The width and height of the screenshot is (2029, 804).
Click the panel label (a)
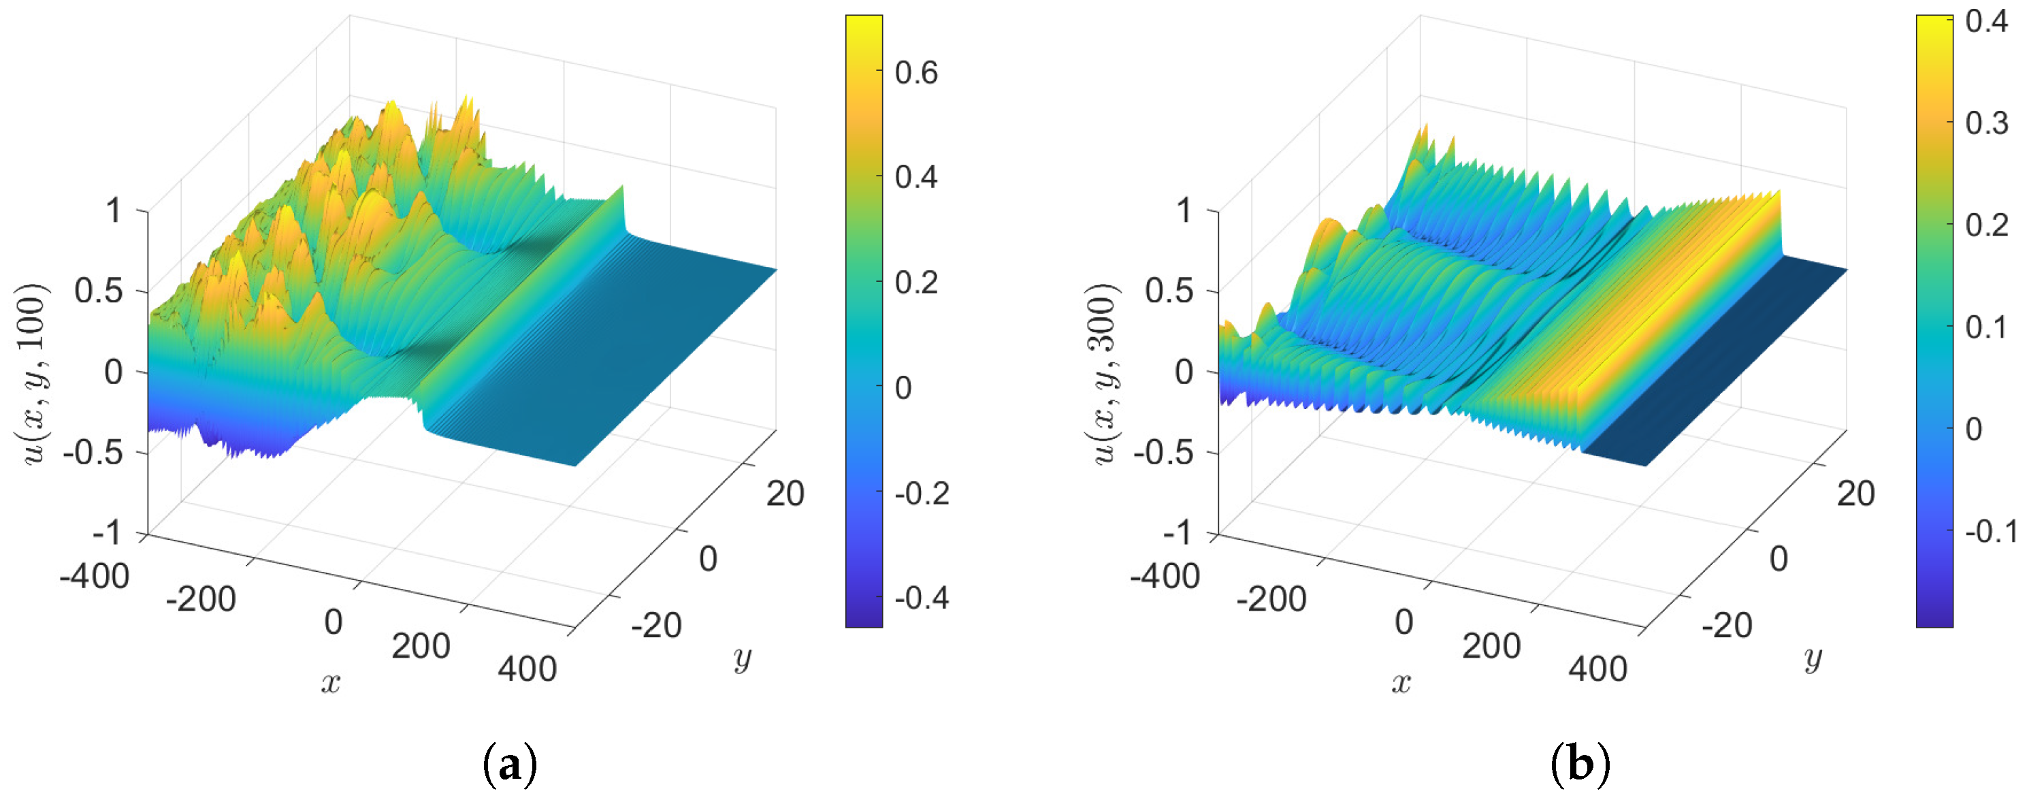510,764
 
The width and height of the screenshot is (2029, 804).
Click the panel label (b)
1579,764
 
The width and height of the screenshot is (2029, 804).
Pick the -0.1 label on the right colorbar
1990,532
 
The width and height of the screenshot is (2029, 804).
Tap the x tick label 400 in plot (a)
527,669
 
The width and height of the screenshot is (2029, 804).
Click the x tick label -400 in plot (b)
1164,577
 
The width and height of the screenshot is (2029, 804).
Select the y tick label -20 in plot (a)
656,626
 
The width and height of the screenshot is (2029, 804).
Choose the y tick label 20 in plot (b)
1855,494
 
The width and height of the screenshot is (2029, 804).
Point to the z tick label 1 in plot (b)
1184,210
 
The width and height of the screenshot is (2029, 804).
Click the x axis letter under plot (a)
331,683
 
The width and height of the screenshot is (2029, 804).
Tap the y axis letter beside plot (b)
1813,658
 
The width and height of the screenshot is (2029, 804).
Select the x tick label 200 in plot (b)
1491,646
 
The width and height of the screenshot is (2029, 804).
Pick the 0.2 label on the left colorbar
915,282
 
